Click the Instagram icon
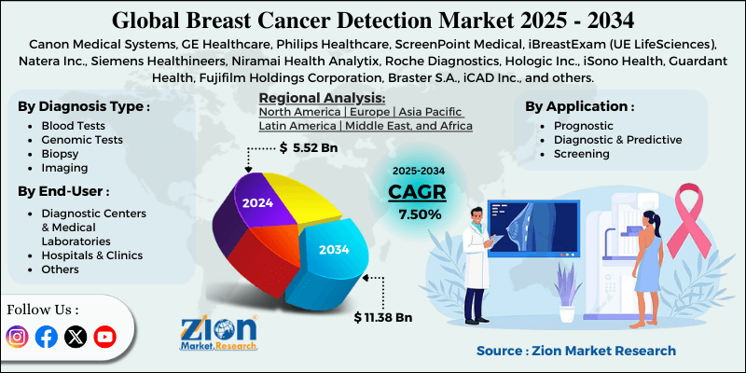[18, 337]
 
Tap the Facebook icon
[47, 337]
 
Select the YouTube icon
[104, 337]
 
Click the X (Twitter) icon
[76, 337]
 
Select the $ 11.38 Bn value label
[383, 317]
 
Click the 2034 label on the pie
[334, 250]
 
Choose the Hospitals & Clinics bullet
[91, 255]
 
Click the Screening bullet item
[582, 154]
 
